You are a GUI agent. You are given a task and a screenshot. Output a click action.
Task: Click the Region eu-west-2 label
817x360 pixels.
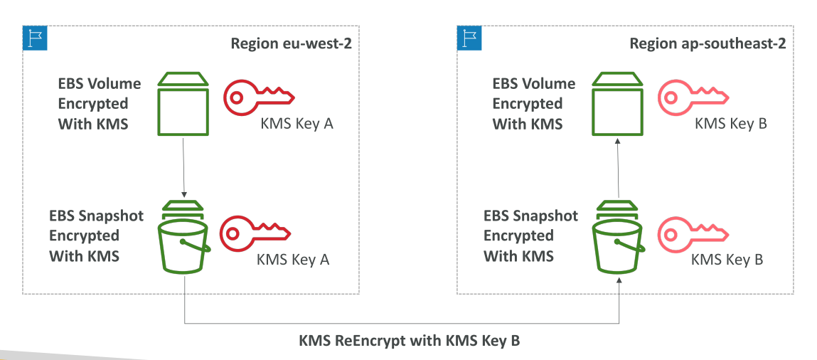click(x=291, y=43)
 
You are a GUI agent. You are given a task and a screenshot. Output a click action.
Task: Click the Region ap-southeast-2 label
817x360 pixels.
click(x=707, y=43)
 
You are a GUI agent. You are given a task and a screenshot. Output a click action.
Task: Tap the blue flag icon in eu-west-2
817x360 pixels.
click(x=35, y=38)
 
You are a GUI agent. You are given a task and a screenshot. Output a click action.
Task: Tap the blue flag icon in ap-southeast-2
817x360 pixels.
click(x=469, y=38)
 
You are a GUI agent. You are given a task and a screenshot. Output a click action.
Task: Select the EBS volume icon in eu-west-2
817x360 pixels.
click(x=183, y=104)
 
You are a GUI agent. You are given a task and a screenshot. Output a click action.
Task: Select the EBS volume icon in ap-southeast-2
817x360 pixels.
click(x=617, y=104)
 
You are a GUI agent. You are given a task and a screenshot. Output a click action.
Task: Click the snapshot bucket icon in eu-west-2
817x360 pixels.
click(x=183, y=236)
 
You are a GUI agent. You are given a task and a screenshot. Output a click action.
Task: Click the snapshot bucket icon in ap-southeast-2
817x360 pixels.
click(x=618, y=236)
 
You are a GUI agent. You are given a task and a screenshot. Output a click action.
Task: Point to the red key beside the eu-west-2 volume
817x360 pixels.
click(x=259, y=96)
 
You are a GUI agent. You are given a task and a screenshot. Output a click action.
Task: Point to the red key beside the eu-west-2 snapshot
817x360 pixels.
click(x=255, y=231)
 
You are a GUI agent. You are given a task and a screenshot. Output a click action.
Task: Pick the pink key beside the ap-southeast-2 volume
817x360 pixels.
click(x=693, y=96)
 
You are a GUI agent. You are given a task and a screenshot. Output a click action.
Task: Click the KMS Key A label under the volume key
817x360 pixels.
click(x=297, y=124)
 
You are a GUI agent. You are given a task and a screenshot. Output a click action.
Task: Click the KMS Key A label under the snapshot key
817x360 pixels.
click(x=293, y=259)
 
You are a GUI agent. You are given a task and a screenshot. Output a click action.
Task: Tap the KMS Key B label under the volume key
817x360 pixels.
click(x=731, y=124)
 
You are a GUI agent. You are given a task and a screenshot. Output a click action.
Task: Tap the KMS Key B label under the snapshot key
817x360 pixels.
click(x=727, y=259)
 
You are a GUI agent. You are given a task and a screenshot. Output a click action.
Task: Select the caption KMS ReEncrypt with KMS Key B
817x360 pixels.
click(x=409, y=341)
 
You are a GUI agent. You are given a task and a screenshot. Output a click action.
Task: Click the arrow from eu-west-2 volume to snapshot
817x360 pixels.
click(x=183, y=167)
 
